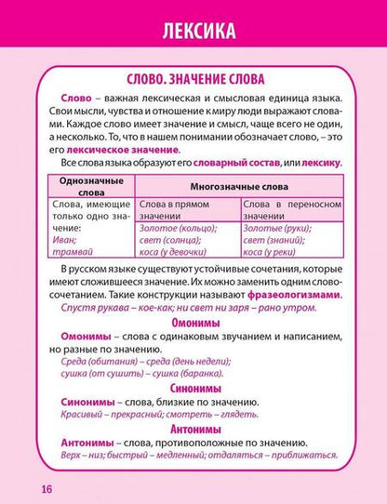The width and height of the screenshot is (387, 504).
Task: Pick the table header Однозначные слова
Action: [x=84, y=186]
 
